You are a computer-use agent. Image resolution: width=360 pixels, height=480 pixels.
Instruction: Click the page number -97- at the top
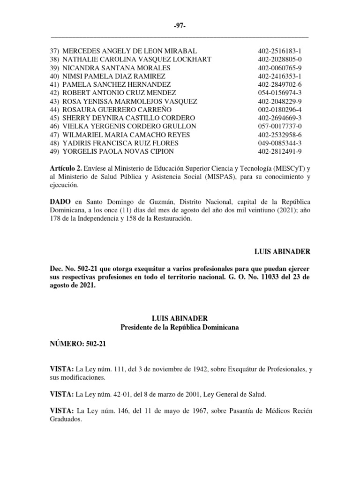coord(180,26)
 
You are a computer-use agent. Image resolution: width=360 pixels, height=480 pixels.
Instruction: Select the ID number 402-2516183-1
coord(280,51)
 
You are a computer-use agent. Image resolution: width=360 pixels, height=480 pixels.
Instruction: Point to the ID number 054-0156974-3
coord(280,93)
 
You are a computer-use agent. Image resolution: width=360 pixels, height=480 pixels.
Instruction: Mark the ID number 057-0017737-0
coord(280,127)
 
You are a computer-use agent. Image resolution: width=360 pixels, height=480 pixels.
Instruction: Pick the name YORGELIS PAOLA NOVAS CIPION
coord(118,151)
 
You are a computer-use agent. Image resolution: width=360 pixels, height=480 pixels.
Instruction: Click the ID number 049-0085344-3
coord(280,143)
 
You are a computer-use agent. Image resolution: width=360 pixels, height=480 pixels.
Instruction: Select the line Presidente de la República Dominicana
coord(180,327)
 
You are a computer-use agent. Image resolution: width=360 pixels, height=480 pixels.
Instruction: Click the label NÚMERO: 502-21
coord(78,344)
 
